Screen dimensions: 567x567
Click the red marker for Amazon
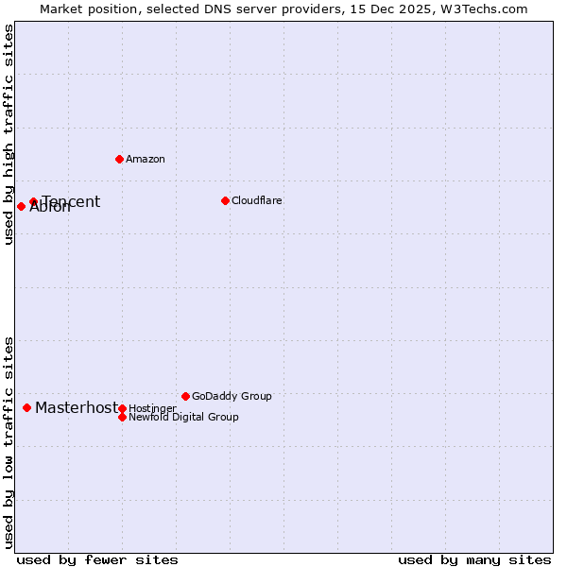pos(119,159)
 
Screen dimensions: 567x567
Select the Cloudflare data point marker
pos(225,200)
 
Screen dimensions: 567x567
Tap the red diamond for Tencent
pos(33,201)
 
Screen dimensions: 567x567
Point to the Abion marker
pos(21,206)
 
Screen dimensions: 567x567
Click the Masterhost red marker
pos(26,407)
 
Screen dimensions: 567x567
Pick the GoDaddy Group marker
pos(185,396)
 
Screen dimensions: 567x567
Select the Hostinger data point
pos(122,408)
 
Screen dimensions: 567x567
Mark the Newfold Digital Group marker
pos(122,417)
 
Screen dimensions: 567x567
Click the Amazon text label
pos(146,159)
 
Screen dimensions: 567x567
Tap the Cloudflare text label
pos(257,200)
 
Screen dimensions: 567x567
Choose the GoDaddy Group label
pos(232,396)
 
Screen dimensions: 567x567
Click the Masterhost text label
pos(77,407)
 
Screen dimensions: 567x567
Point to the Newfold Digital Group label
pos(183,417)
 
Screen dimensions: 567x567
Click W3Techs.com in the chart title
pos(482,9)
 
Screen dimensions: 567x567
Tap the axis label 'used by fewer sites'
pos(97,559)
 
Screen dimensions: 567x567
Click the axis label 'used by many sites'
pos(474,559)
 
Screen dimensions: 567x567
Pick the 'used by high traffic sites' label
pos(9,134)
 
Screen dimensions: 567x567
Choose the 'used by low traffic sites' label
pos(9,442)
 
